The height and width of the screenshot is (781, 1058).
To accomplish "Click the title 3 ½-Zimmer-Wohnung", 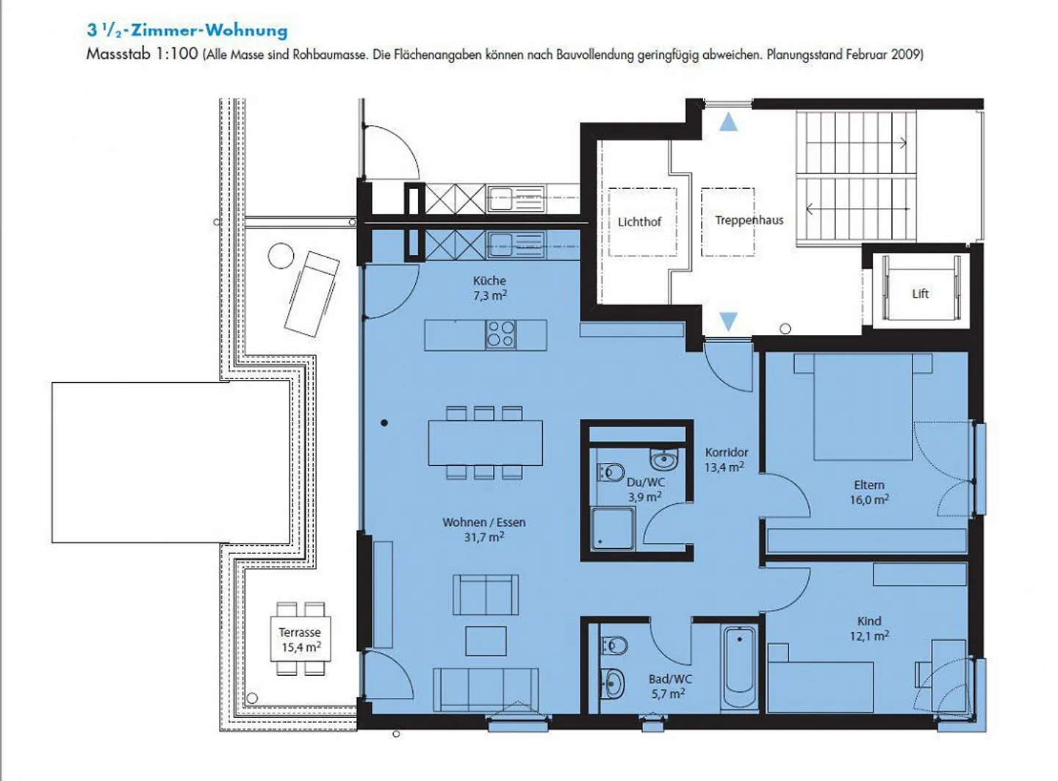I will (x=187, y=30).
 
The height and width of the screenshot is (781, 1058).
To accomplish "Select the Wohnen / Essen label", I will (x=483, y=530).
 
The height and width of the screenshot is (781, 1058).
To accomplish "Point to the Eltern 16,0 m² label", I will (x=869, y=492).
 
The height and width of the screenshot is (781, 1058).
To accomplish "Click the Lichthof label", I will (x=639, y=222).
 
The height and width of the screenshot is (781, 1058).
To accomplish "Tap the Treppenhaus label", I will (x=749, y=220).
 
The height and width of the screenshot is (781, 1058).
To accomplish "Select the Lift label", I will (x=920, y=294).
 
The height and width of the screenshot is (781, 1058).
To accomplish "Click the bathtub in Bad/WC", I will (x=739, y=666).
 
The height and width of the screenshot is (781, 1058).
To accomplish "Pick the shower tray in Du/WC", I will (x=612, y=528).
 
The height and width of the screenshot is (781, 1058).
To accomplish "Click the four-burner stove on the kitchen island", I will (x=500, y=334).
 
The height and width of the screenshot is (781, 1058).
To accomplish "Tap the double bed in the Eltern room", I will (x=863, y=407).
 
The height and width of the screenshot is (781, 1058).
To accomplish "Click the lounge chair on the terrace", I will (x=312, y=293).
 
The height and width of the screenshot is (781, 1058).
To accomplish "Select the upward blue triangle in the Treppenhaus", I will (x=728, y=122).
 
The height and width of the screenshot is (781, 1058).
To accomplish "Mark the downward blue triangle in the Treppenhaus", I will (x=728, y=321).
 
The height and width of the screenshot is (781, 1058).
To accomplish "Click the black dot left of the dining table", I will (x=384, y=423).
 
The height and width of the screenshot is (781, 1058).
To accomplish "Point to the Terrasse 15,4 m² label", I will (x=301, y=640).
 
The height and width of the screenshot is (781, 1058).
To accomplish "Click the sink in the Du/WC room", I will (x=664, y=460).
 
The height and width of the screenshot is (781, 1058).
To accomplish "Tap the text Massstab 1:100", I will (x=142, y=54).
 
